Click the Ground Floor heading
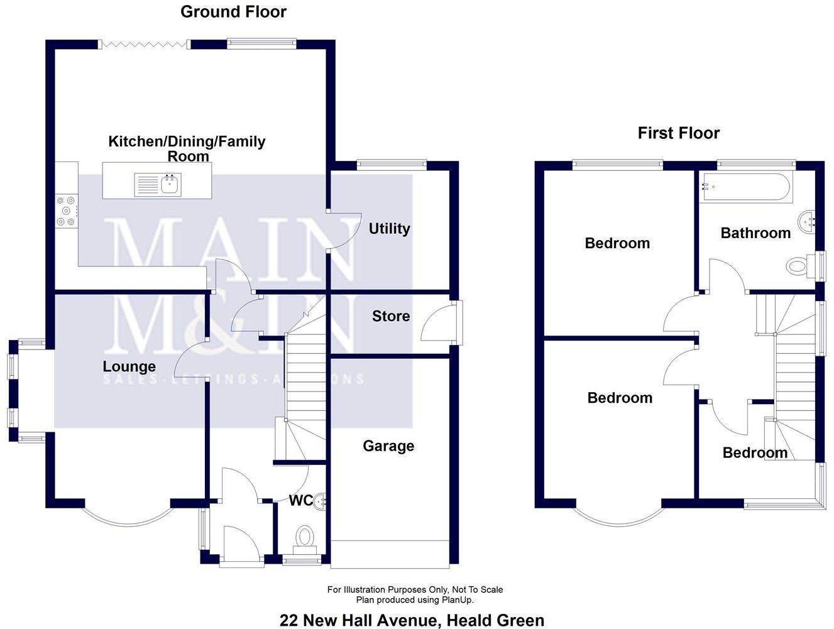[x=233, y=11]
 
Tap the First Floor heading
[x=678, y=133]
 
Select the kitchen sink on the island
[x=158, y=185]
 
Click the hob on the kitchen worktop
[x=66, y=211]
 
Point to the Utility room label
[x=389, y=229]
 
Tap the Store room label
[x=390, y=316]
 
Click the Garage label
[x=388, y=446]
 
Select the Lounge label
[x=129, y=366]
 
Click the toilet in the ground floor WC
[x=305, y=540]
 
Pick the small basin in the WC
[x=321, y=501]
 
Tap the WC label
[x=300, y=501]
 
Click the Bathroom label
[x=755, y=233]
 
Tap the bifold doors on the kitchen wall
[x=145, y=44]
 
